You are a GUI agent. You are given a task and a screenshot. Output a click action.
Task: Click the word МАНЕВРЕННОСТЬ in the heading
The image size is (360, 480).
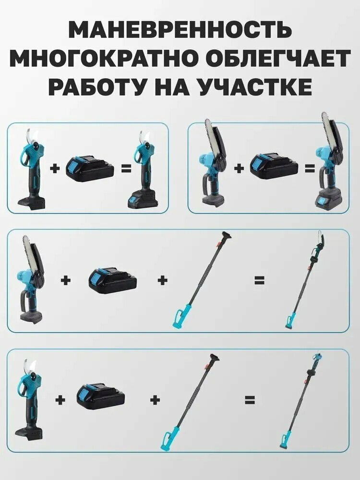180,30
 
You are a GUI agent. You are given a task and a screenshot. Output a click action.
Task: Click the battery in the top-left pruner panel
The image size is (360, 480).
90,168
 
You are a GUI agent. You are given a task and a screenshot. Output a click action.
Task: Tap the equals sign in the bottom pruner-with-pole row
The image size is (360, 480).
250,399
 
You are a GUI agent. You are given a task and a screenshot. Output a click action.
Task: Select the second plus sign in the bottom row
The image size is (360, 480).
155,399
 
